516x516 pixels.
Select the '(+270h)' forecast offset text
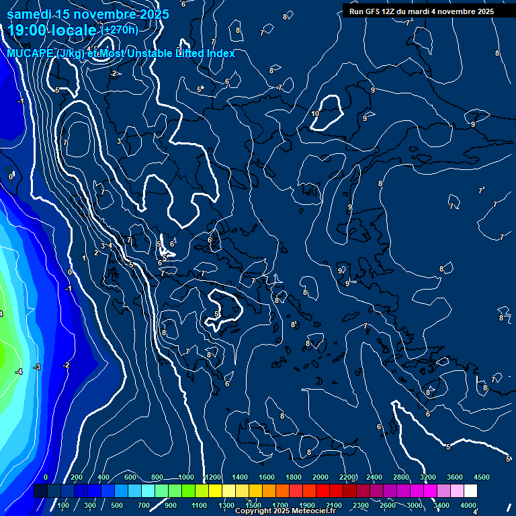(119, 30)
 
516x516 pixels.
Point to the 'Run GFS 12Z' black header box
(421, 11)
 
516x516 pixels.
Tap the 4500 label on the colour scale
(481, 477)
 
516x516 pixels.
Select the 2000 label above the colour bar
(320, 477)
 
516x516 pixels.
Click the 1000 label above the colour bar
(186, 477)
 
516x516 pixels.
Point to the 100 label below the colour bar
(63, 505)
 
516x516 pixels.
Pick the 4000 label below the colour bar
(468, 505)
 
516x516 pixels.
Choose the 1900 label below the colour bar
(307, 505)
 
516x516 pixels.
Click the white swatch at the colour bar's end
(470, 491)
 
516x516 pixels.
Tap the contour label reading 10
(315, 114)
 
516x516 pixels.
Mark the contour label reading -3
(38, 367)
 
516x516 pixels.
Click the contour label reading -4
(19, 372)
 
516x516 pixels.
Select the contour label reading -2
(66, 365)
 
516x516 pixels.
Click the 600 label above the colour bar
(130, 477)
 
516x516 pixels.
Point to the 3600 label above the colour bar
(454, 477)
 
